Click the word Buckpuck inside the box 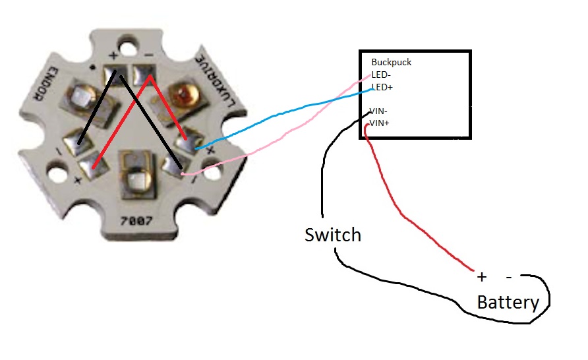click(392, 63)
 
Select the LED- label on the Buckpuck click(381, 75)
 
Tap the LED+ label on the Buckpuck click(382, 87)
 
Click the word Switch click(332, 234)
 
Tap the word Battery click(508, 303)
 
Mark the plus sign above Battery click(481, 276)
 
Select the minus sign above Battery click(509, 276)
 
